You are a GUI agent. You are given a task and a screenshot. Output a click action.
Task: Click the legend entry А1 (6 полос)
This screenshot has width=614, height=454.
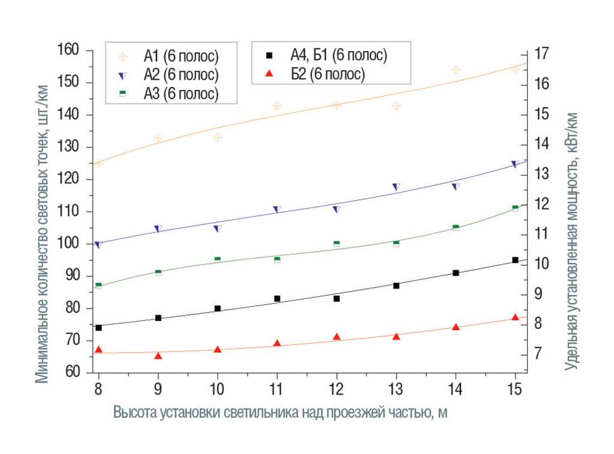(x=180, y=56)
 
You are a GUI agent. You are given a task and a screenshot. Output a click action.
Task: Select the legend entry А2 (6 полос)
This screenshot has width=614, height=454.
(x=180, y=75)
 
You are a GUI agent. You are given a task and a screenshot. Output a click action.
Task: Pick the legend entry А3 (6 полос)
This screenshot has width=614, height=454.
(x=180, y=93)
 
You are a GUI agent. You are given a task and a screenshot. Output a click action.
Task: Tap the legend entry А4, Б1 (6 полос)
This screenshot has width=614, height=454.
(x=338, y=55)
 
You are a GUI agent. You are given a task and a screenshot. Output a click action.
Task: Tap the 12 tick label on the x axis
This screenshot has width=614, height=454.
(x=336, y=389)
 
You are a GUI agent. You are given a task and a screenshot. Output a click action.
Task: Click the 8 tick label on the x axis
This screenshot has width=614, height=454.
(x=98, y=389)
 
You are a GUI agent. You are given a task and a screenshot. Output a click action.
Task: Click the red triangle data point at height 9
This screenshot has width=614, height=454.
(x=158, y=356)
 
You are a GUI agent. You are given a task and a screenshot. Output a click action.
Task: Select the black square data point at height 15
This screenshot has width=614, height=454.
(x=515, y=260)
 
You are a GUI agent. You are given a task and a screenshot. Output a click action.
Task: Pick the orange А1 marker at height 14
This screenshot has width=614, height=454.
(x=456, y=70)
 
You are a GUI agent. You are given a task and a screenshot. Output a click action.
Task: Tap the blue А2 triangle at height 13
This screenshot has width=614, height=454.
(x=396, y=187)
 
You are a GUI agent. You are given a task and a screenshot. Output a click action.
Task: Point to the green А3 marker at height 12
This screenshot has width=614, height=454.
(x=336, y=244)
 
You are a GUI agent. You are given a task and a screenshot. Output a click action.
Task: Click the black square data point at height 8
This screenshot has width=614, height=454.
(x=98, y=328)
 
